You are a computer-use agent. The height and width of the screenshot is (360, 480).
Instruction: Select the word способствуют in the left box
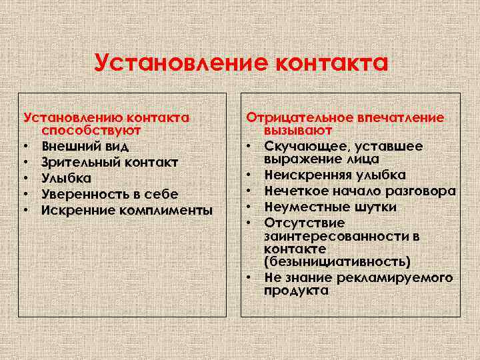[x=91, y=130]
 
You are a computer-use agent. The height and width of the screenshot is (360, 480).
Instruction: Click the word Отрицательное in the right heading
[x=299, y=117]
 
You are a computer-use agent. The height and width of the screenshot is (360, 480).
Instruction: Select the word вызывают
[x=298, y=130]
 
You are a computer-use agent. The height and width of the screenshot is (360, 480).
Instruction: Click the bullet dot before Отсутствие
[x=255, y=222]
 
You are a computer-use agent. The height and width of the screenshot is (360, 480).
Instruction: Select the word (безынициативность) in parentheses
[x=337, y=261]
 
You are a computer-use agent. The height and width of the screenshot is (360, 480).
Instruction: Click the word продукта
[x=296, y=291]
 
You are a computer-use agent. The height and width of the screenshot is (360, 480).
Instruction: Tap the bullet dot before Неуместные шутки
[x=255, y=207]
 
